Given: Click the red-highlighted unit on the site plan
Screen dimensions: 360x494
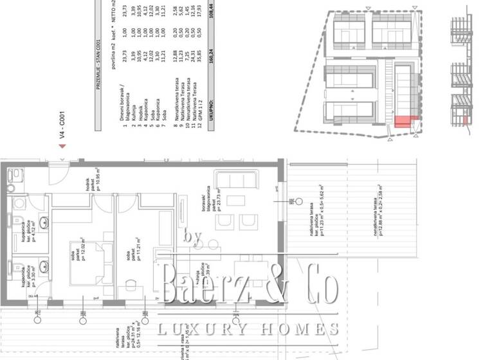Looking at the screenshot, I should tap(403, 123).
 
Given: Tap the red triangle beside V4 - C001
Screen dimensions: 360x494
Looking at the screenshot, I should tap(62, 145).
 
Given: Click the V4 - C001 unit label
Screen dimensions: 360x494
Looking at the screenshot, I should tap(62, 125).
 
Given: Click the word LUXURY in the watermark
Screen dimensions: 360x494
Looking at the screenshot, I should tap(194, 330).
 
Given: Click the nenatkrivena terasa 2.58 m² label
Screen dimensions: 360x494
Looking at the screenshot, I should tap(377, 212).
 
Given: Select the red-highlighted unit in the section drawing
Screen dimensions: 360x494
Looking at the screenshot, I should tap(465, 121).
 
